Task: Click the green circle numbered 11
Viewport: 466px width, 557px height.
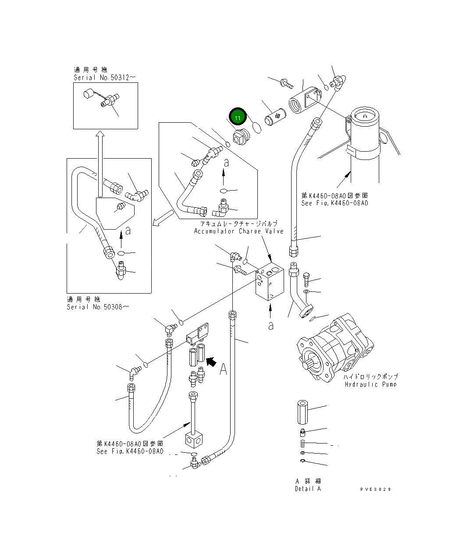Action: coord(237,117)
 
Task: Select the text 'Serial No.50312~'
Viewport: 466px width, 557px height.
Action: coord(105,78)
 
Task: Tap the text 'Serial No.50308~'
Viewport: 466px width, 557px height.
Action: coord(98,307)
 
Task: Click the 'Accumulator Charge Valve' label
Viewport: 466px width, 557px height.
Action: coord(239,231)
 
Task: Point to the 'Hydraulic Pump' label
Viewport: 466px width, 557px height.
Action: coord(370,384)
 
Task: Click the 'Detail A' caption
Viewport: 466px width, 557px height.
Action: coord(308,489)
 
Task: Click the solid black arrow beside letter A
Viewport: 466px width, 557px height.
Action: coord(211,361)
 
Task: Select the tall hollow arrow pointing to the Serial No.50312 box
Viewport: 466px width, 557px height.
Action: coord(100,162)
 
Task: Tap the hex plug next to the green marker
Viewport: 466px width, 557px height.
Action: coord(239,137)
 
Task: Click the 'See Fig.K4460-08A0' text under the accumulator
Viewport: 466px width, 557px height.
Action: coord(334,203)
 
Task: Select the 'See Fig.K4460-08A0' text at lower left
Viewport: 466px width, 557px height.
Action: coord(130,451)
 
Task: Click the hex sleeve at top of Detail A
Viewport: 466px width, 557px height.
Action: coord(302,412)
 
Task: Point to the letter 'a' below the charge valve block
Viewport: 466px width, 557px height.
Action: coord(271,325)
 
